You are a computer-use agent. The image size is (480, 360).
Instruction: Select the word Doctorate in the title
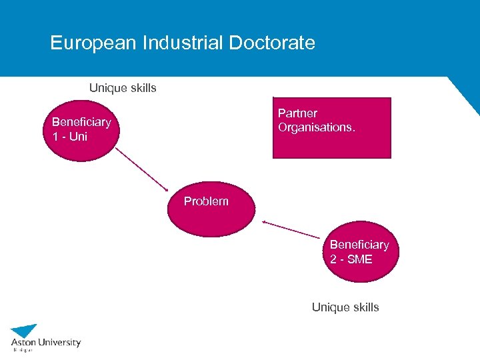click(x=272, y=43)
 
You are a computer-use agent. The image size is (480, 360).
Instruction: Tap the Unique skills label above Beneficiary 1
click(x=123, y=88)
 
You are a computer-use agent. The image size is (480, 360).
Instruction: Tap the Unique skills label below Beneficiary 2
click(x=345, y=307)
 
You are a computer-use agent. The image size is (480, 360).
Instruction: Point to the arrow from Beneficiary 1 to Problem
click(x=141, y=168)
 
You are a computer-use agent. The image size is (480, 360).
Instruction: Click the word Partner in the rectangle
click(x=297, y=113)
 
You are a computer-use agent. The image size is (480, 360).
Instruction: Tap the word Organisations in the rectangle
click(x=315, y=127)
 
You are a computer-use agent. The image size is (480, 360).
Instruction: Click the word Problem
click(x=206, y=201)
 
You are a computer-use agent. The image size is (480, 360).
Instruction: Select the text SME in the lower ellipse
click(x=360, y=259)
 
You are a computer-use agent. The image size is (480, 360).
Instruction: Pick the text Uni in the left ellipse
click(x=78, y=137)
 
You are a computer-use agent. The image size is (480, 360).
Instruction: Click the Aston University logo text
click(x=45, y=342)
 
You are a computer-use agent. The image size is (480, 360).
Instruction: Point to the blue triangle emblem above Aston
click(x=25, y=331)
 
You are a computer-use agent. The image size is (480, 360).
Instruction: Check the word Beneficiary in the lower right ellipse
click(x=359, y=245)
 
